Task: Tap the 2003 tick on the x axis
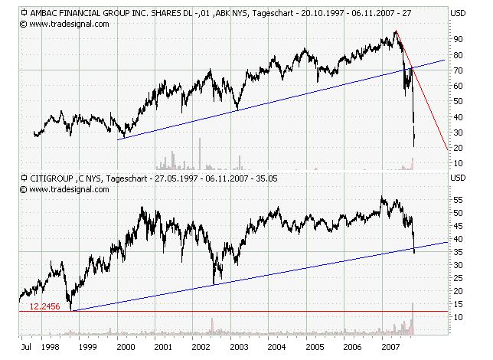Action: [x=240, y=347]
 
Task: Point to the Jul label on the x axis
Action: [x=25, y=347]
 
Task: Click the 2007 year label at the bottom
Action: [x=392, y=347]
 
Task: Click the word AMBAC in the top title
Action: [x=47, y=13]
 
